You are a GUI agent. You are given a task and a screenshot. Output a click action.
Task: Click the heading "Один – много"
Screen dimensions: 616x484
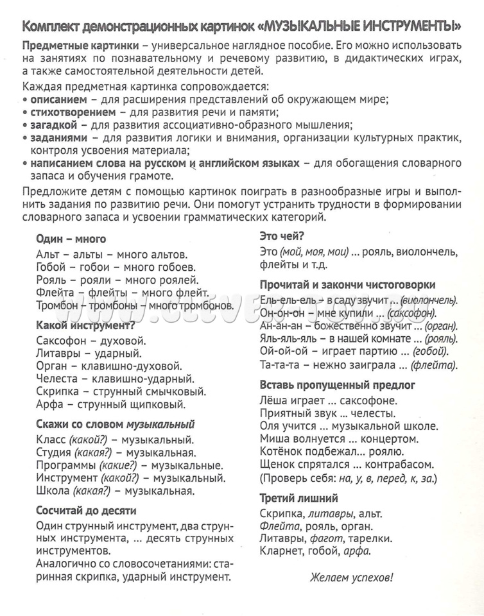coord(71,239)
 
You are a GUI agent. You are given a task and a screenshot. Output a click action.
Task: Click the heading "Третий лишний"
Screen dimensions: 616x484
coord(298,497)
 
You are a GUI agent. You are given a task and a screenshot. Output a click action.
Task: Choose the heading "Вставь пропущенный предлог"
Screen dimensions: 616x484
coord(337,385)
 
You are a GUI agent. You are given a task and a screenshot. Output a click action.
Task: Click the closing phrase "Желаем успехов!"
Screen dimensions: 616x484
coord(351,577)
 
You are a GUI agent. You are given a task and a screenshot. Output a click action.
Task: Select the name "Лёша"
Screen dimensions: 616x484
coord(275,399)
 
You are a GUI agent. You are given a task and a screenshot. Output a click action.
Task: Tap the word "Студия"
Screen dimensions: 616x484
coord(55,453)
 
